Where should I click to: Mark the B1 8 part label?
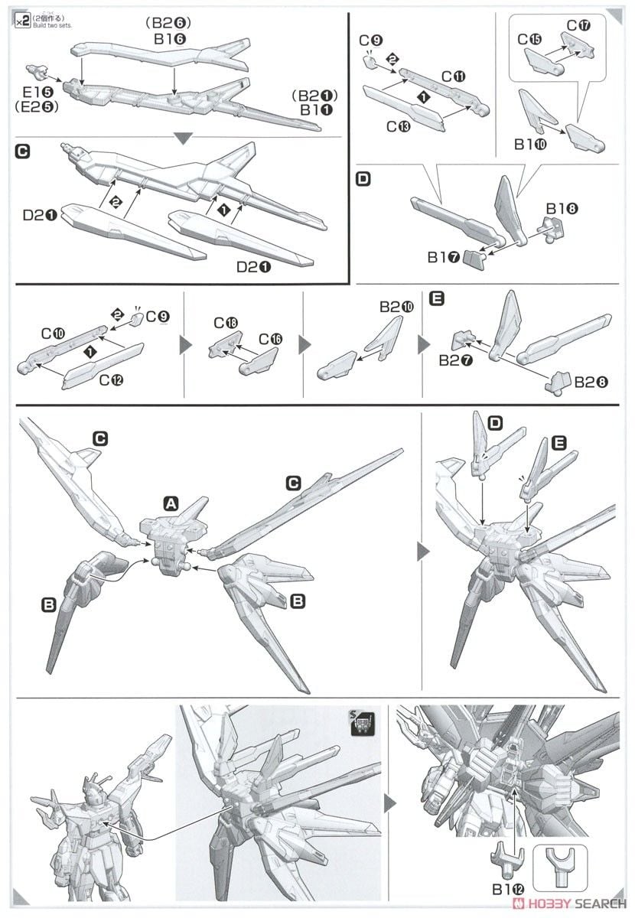point(563,207)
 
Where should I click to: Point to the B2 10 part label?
point(397,307)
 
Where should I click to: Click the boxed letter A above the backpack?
point(171,503)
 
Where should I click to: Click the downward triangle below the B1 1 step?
point(183,138)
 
